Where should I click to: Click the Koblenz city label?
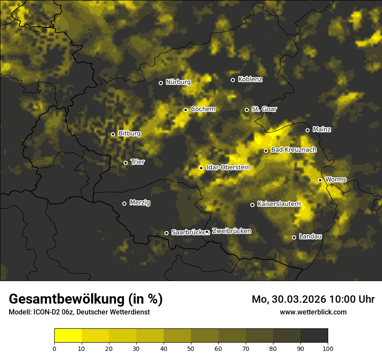pyautogui.click(x=250, y=79)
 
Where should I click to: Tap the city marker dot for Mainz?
pyautogui.click(x=307, y=130)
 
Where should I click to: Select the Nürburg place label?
pyautogui.click(x=178, y=82)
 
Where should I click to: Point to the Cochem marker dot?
pyautogui.click(x=185, y=110)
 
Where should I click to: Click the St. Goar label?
pyautogui.click(x=264, y=109)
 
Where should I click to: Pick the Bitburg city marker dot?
pyautogui.click(x=113, y=134)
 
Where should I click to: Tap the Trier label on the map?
pyautogui.click(x=137, y=162)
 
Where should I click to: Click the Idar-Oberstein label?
pyautogui.click(x=228, y=167)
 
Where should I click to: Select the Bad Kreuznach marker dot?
pyautogui.click(x=266, y=151)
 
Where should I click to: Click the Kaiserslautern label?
pyautogui.click(x=279, y=204)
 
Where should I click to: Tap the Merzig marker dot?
pyautogui.click(x=124, y=203)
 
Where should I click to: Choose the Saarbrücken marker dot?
pyautogui.click(x=166, y=233)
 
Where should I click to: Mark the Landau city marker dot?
pyautogui.click(x=294, y=237)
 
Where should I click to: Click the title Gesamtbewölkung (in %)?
pyautogui.click(x=86, y=299)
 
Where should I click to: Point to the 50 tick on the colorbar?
pyautogui.click(x=191, y=348)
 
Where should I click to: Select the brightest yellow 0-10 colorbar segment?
pyautogui.click(x=68, y=335)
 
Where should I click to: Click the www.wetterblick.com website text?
pyautogui.click(x=313, y=312)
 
